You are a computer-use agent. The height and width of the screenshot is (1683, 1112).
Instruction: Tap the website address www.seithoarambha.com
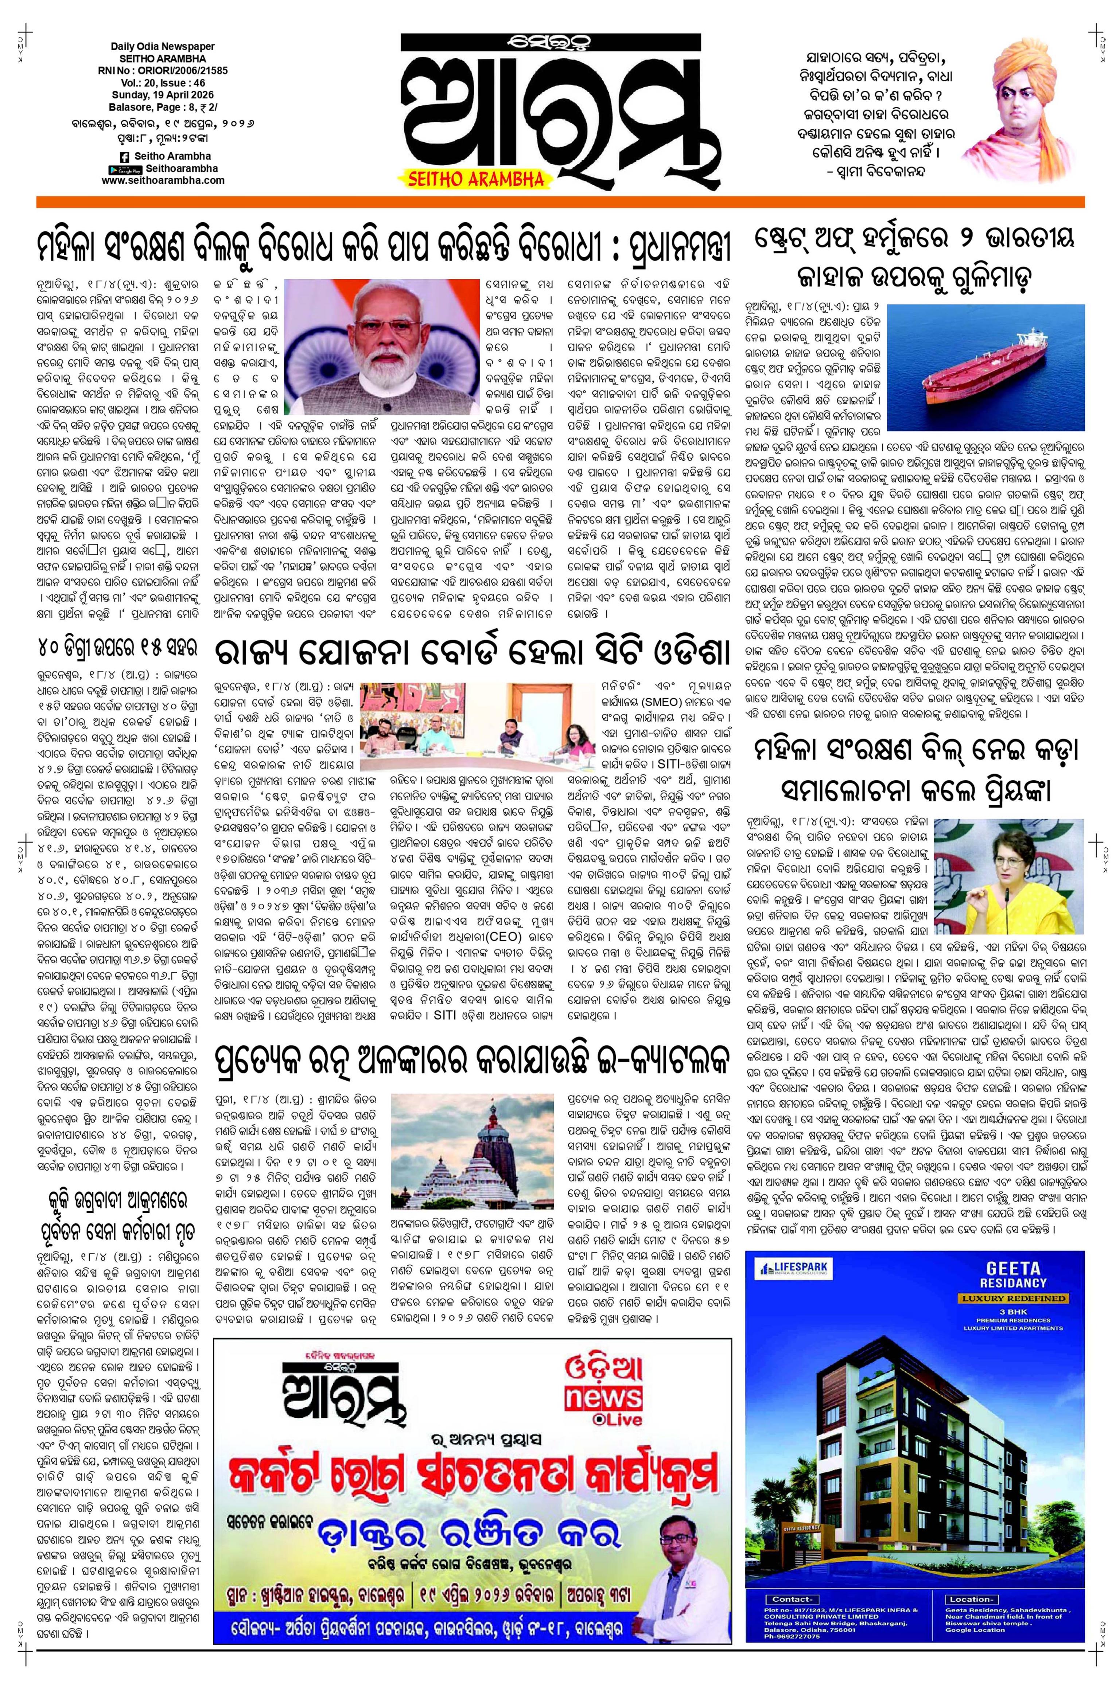[x=163, y=180]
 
